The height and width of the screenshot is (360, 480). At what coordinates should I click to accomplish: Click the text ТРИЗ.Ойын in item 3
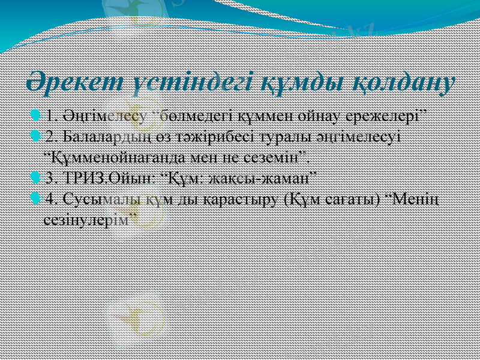pos(105,178)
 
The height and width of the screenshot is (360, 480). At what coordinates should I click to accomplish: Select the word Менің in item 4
pos(419,199)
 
